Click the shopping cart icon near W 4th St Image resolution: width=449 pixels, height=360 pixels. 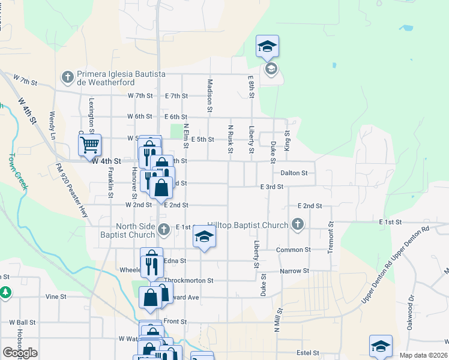tap(89, 144)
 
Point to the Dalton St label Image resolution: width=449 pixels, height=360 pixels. tap(294, 173)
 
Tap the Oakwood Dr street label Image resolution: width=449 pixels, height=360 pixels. tap(411, 305)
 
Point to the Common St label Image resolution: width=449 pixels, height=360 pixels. tap(294, 250)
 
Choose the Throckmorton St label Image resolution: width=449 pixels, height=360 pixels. tap(188, 280)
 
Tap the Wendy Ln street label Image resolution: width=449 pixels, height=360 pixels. tap(53, 122)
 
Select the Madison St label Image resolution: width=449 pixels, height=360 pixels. tap(210, 95)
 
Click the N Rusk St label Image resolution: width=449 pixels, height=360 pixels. tap(230, 139)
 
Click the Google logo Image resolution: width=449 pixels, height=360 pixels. tap(20, 353)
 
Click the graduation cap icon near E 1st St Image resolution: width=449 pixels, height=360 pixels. tap(204, 237)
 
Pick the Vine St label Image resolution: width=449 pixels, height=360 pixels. tap(55, 296)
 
